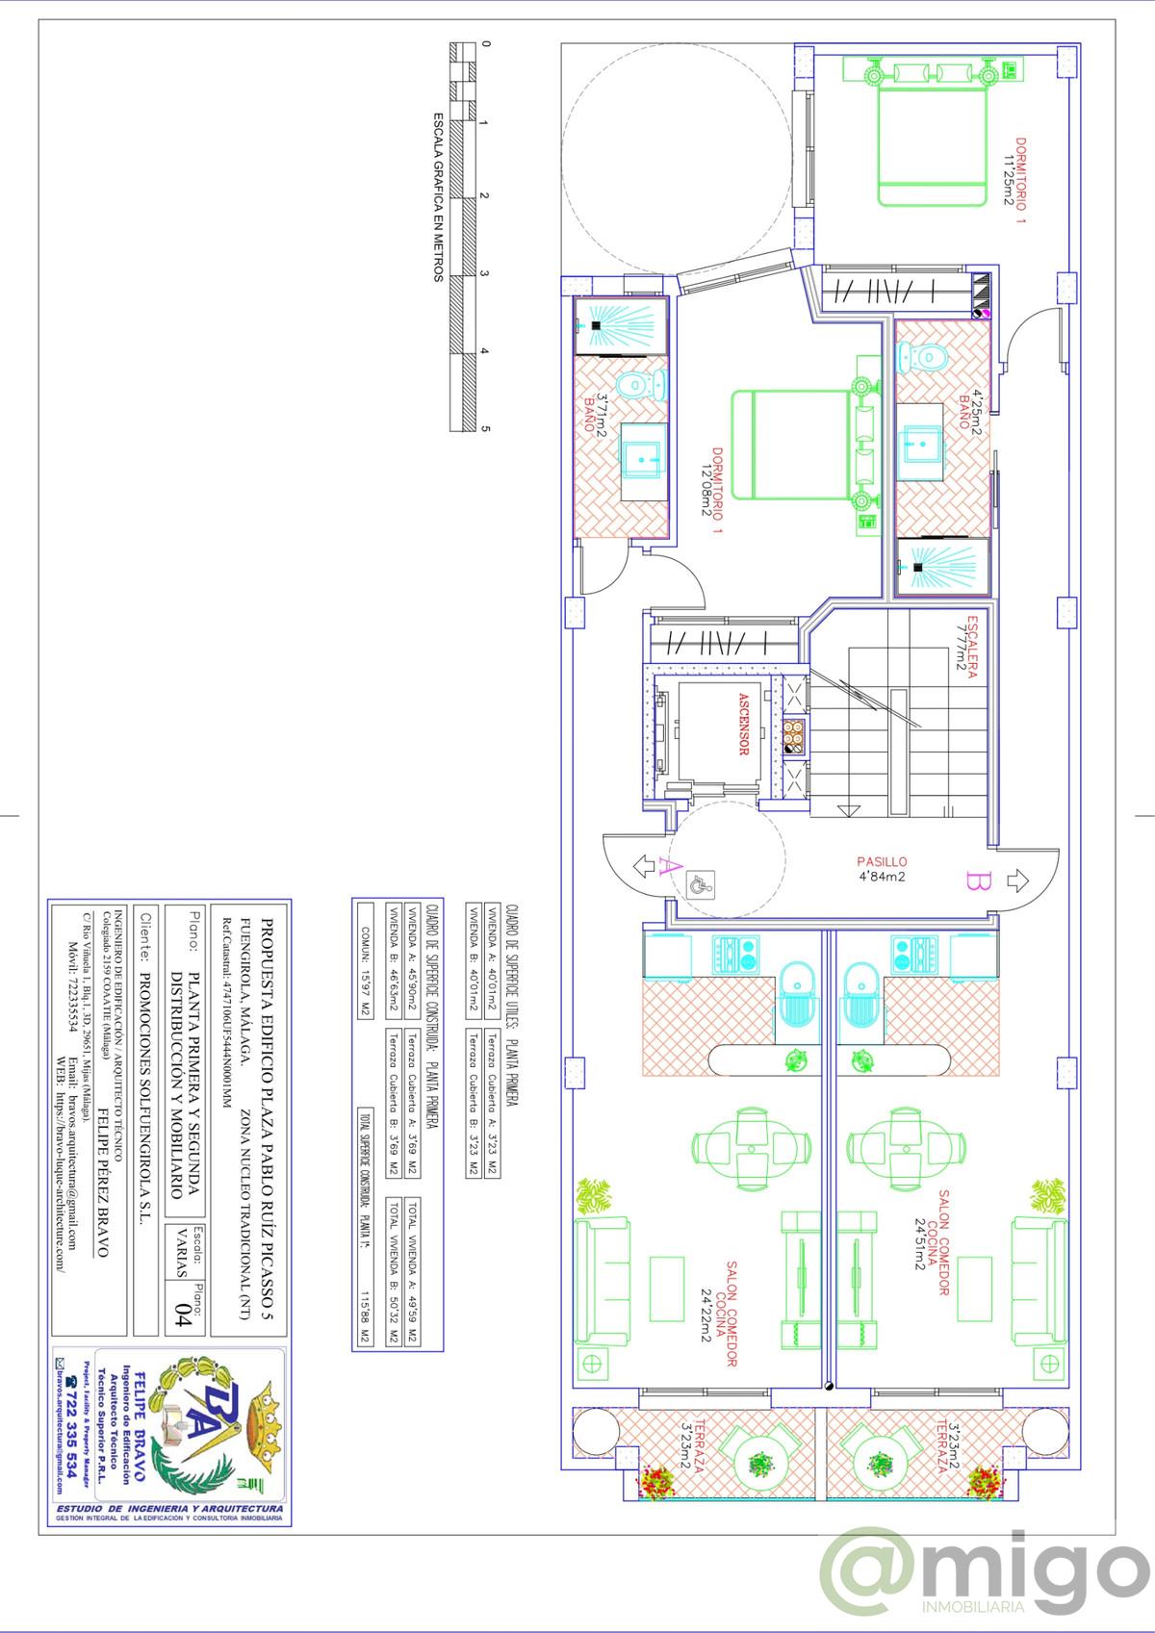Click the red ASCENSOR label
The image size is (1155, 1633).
[743, 724]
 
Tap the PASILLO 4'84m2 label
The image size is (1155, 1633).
[883, 869]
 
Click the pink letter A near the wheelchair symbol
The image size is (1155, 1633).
[663, 868]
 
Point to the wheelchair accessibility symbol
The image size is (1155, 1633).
[701, 884]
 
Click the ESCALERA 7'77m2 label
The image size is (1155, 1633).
[966, 647]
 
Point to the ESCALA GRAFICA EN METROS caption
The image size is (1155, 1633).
[438, 196]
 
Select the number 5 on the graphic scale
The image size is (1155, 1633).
[485, 429]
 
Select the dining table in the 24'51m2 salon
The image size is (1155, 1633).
[906, 1145]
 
